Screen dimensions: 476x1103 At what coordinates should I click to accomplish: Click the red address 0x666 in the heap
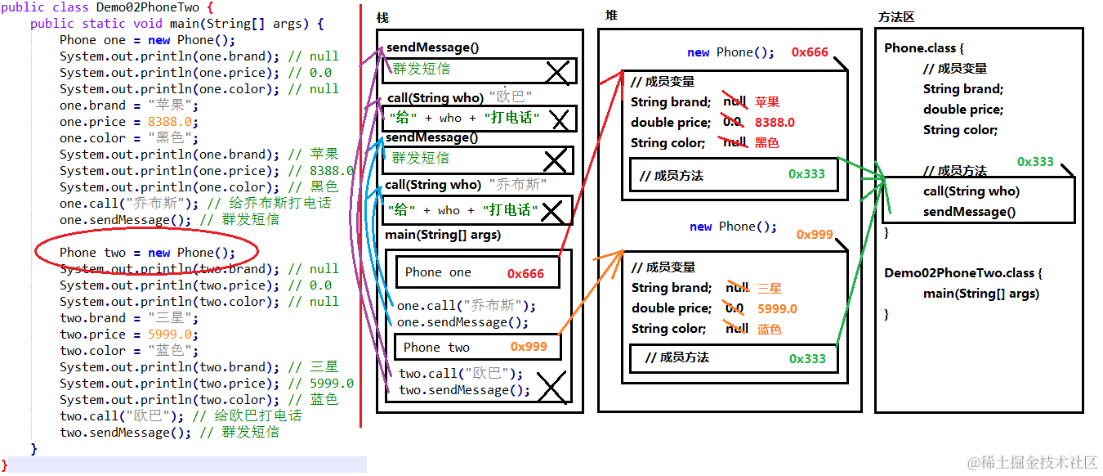(x=810, y=52)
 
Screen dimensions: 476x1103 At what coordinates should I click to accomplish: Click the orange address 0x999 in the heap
(x=815, y=235)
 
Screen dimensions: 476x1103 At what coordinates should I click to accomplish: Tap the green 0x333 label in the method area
(x=1035, y=162)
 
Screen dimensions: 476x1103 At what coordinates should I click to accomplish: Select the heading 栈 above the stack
(x=382, y=18)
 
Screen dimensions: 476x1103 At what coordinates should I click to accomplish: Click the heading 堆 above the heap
(x=611, y=16)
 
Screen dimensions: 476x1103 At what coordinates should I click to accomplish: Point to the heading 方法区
(x=895, y=17)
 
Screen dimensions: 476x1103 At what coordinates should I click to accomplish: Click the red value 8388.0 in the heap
(x=775, y=123)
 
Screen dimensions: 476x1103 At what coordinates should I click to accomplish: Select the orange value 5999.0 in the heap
(x=777, y=309)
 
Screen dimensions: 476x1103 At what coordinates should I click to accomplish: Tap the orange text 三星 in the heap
(x=770, y=289)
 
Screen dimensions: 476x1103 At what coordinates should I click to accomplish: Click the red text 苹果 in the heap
(x=767, y=102)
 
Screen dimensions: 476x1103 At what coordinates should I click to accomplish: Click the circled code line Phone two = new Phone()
(x=147, y=253)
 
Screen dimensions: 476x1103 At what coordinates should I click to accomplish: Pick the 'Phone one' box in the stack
(x=478, y=272)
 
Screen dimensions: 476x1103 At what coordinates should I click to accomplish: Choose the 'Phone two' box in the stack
(x=478, y=347)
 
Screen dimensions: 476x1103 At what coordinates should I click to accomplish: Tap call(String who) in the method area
(x=971, y=191)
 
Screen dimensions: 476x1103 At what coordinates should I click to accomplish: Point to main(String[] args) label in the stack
(x=443, y=236)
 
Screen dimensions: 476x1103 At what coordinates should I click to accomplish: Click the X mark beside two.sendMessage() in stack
(x=551, y=388)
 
